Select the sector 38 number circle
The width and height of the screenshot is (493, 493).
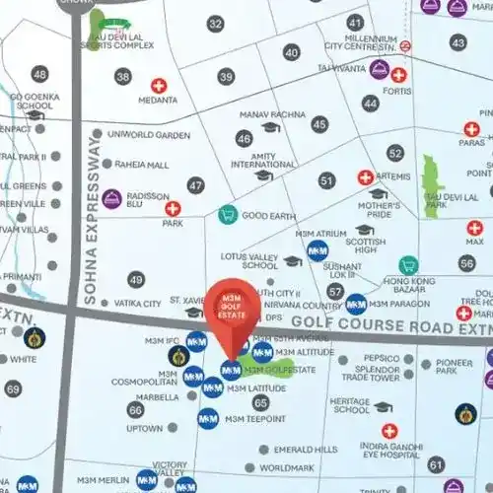coord(122,76)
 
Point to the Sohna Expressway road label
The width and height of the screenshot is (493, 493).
coord(92,233)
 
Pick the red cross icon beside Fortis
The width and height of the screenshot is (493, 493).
coord(398,75)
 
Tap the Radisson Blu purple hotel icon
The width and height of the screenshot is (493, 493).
coord(111,198)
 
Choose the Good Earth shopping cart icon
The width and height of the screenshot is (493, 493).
coord(228,214)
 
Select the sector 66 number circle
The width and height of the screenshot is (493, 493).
coord(135,409)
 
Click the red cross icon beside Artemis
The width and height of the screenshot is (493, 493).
coord(366,177)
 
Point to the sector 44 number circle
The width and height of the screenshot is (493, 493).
coord(370,103)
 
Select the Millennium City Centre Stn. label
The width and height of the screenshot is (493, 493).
coord(360,40)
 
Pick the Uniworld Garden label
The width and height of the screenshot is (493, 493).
coord(147,135)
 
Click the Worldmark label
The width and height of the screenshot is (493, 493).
coord(287,468)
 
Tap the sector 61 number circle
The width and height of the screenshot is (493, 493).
coord(436,463)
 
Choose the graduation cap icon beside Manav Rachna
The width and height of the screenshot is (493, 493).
coord(270,127)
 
